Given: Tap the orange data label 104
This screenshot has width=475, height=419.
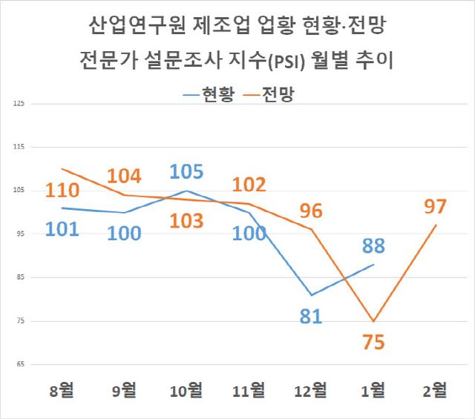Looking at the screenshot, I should pos(125,176).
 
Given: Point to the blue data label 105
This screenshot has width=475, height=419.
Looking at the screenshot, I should pos(186,171).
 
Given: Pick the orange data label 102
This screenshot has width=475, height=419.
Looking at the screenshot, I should pos(249,185).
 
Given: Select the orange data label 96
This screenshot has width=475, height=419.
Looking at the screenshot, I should pos(311,211).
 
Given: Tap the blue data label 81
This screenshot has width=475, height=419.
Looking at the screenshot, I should pos(311,317).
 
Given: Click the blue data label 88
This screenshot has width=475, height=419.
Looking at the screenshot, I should pos(373,246).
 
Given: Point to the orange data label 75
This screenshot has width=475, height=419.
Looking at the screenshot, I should pos(373,343).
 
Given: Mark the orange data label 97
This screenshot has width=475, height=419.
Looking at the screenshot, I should pos(436,207).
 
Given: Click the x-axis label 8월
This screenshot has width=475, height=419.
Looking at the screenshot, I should pos(62,389).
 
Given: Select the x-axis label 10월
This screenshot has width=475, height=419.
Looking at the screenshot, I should pos(186,389).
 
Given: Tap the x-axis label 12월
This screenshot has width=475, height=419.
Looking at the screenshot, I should pos(311,389).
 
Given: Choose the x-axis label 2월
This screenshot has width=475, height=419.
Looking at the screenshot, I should pos(436,389).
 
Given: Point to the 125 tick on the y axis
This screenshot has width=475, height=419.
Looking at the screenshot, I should pos(19,104).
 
